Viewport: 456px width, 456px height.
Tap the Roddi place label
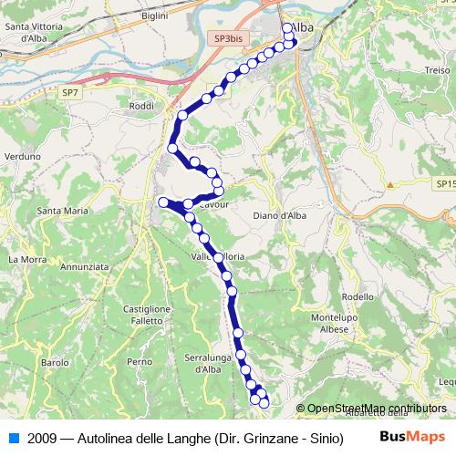click(141, 106)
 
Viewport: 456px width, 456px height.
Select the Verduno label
click(24, 157)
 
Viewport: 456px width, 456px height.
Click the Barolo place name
click(55, 363)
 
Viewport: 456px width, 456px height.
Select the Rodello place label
click(357, 297)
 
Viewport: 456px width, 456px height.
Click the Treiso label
click(437, 70)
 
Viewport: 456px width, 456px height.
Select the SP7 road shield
click(70, 92)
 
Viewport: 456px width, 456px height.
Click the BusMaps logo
click(411, 438)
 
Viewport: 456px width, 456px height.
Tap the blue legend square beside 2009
click(13, 438)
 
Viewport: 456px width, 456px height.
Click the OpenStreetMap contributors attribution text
click(377, 409)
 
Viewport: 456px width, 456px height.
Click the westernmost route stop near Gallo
click(162, 202)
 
